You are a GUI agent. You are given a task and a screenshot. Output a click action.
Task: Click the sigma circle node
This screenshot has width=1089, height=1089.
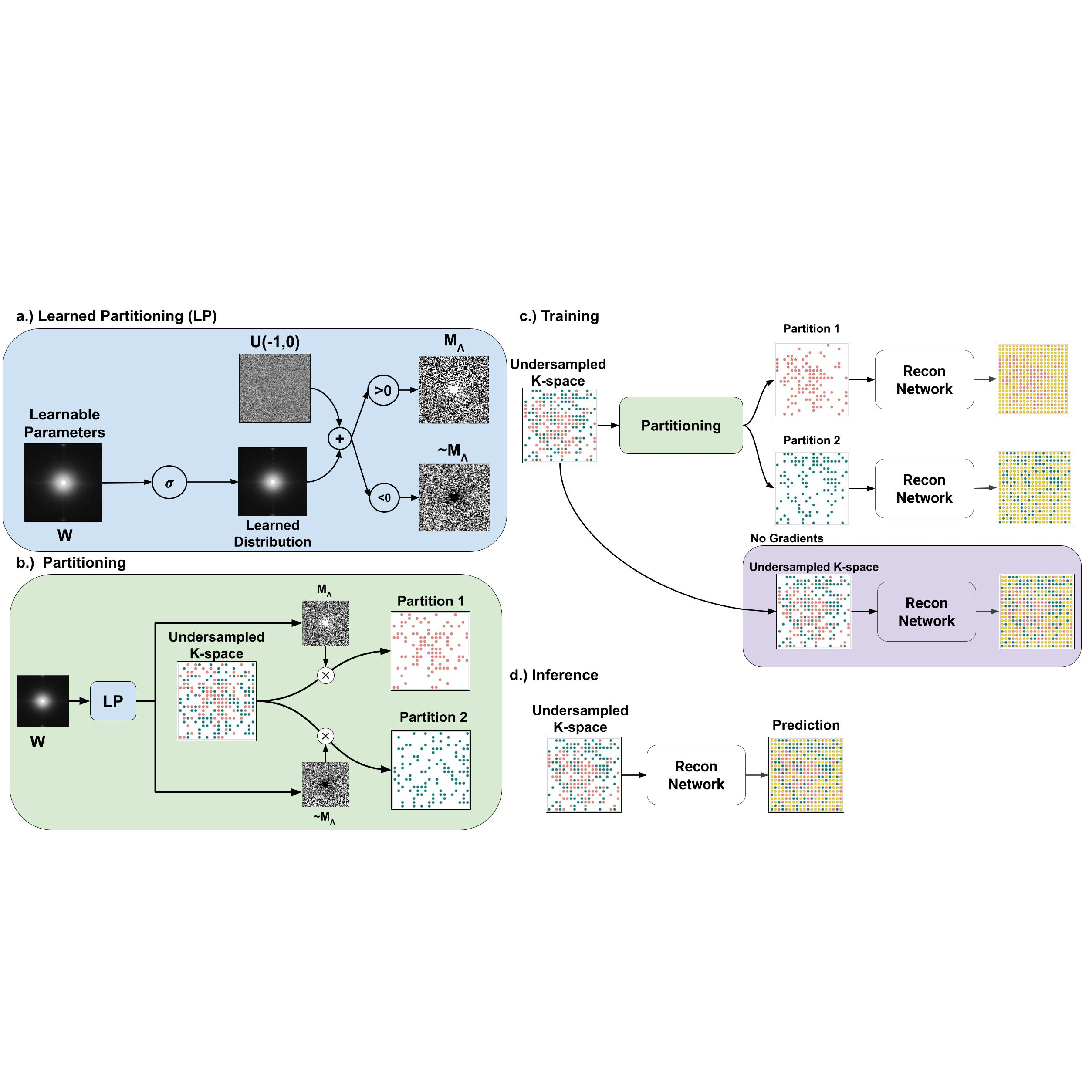[169, 483]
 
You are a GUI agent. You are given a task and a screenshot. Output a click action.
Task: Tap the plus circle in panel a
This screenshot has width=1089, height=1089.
[340, 439]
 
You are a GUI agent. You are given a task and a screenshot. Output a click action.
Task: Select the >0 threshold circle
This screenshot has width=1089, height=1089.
[383, 391]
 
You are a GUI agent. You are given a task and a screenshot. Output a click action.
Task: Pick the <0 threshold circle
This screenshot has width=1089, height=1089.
[384, 498]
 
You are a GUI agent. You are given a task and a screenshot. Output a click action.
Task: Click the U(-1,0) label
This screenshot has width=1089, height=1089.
[275, 342]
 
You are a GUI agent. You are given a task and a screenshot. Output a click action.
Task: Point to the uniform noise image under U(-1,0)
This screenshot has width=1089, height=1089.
[274, 389]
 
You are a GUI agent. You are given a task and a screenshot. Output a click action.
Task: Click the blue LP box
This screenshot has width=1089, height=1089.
[113, 701]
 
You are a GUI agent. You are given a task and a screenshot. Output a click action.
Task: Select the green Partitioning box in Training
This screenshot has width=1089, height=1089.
[681, 426]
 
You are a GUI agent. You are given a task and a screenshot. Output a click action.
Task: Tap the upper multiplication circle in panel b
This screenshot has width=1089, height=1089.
[326, 675]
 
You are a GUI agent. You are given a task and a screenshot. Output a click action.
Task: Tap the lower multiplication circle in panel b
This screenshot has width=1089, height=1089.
[325, 736]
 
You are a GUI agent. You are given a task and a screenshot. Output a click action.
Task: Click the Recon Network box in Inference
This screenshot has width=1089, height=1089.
[696, 775]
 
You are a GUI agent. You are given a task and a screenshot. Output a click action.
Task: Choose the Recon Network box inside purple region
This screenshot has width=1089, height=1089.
[926, 612]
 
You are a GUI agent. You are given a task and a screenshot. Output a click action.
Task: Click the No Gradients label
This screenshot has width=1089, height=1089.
[786, 538]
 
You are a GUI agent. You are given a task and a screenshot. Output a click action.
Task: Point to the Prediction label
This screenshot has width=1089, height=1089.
[805, 725]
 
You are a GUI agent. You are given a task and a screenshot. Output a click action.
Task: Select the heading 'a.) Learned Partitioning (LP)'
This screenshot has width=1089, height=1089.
[117, 316]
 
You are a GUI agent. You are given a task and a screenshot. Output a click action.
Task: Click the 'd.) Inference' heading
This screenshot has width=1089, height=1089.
[554, 675]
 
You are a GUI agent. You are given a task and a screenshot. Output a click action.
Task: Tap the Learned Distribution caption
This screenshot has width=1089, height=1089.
[272, 533]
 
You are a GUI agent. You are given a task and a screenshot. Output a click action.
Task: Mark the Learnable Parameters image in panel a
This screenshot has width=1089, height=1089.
[64, 483]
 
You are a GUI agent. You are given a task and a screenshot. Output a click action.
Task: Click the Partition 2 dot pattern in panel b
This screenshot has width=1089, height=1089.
[431, 770]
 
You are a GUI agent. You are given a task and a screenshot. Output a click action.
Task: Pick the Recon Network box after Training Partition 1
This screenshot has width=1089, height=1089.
[924, 380]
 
